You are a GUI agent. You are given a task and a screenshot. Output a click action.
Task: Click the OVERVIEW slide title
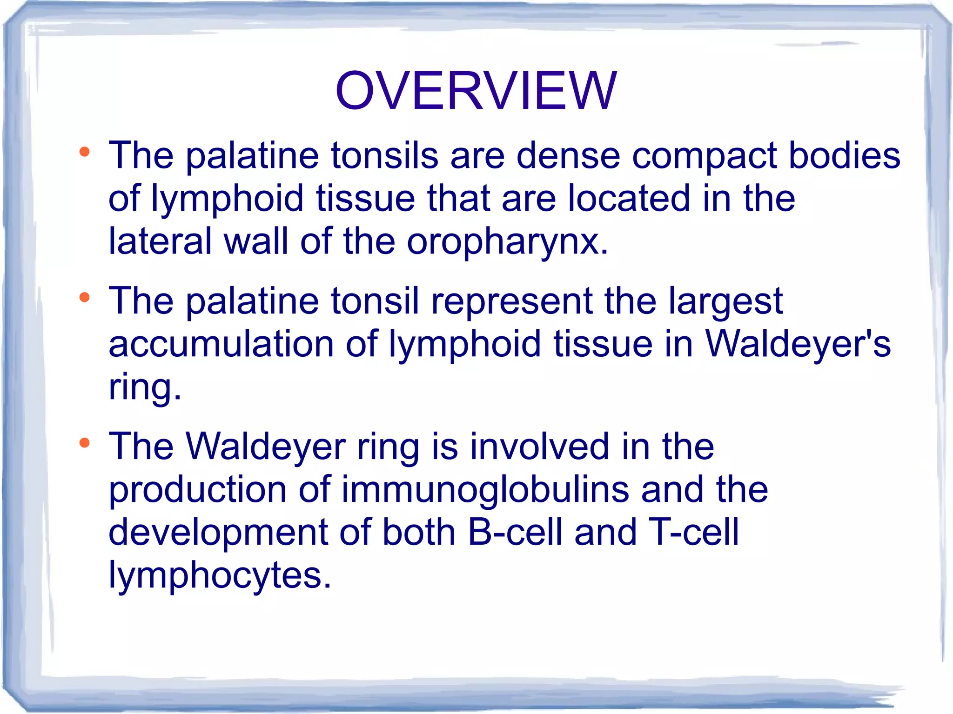[x=476, y=91]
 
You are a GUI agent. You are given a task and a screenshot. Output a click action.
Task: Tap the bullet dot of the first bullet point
[x=84, y=152]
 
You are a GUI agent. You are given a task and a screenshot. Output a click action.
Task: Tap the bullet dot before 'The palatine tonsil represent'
[x=84, y=297]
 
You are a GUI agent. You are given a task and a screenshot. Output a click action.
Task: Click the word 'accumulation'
[x=221, y=344]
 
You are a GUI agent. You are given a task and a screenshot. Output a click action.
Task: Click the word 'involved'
[x=539, y=447]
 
